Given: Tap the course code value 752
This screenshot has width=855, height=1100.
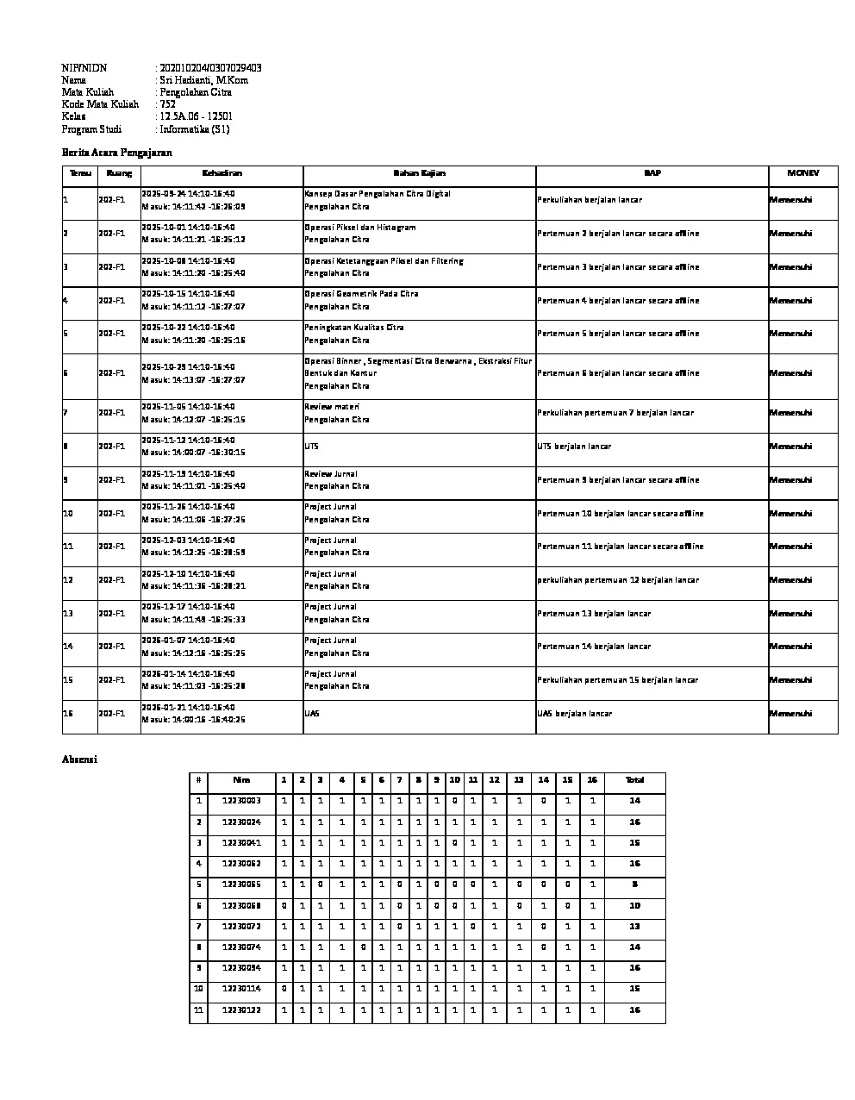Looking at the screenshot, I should pos(168,104).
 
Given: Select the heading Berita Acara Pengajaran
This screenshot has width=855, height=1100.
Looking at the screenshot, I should pos(117,153).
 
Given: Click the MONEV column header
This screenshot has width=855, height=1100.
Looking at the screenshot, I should pos(802,173).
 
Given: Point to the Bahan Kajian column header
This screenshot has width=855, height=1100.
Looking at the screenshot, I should pos(419,173).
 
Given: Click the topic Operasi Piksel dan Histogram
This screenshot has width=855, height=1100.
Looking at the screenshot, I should pos(360,228).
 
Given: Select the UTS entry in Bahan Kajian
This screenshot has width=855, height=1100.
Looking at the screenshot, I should pos(311,447).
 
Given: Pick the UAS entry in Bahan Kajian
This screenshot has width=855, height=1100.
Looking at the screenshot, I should pos(312,714).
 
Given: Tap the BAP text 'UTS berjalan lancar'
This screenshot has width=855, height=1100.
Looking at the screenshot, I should pos(574,447).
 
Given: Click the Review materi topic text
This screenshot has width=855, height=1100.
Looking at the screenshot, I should pos(332,407).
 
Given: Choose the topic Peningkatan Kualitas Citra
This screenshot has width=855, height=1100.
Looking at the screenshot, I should pos(353,328).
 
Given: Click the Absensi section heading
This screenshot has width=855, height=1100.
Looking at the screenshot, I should pos(79,759).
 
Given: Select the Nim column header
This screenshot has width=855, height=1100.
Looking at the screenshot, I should pos(241,780).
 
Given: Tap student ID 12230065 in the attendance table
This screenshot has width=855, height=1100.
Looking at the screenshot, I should pos(241,884).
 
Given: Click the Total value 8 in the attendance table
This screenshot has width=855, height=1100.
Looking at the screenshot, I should pos(634,884).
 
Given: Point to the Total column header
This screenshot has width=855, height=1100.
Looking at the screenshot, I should pos(634,780).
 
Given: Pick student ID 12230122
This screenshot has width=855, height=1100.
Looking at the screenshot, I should pos(241,1009).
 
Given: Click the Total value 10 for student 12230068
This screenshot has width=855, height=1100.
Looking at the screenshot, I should pos(634,905).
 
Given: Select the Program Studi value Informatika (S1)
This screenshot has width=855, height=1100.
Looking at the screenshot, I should pos(195,129).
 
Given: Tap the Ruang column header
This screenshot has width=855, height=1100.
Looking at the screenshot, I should pos(119,173).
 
